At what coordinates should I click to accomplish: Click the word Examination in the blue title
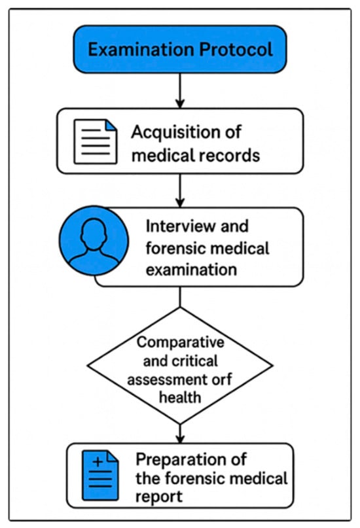tap(141, 50)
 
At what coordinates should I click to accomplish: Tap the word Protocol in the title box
tap(236, 49)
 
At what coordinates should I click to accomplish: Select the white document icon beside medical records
tap(96, 142)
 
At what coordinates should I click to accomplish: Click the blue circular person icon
tap(94, 241)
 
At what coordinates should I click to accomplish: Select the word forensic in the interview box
tap(177, 248)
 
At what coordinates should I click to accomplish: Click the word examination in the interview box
tap(191, 270)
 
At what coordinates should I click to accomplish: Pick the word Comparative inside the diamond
tap(180, 342)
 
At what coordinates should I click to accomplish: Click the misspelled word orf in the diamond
tap(222, 379)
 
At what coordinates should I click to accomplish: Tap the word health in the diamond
tap(180, 397)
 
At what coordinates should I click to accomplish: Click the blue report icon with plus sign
tap(100, 476)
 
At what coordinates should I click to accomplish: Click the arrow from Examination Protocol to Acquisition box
tap(180, 90)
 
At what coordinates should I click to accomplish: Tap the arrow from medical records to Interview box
tap(180, 190)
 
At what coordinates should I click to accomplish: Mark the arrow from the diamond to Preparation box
tap(180, 434)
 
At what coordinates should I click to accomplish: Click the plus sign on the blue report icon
tap(98, 461)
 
